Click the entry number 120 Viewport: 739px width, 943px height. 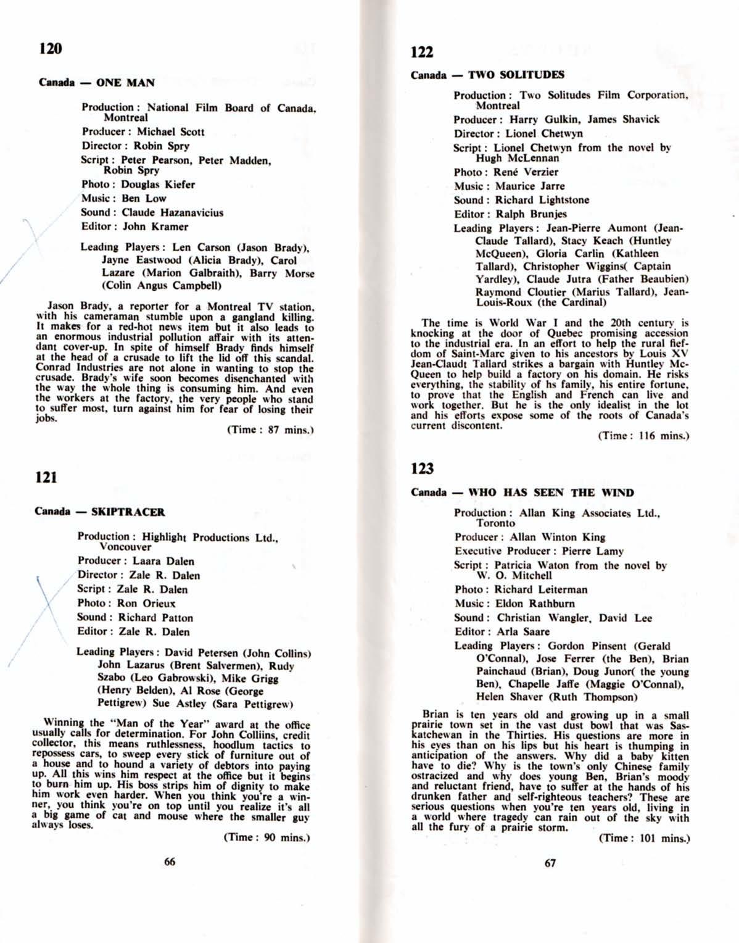pos(50,48)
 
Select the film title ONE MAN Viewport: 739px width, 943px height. pos(125,83)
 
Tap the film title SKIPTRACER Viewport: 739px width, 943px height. pos(128,512)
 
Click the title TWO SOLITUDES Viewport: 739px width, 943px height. pos(516,75)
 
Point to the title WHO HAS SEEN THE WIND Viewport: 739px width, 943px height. pos(551,492)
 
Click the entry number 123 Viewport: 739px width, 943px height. pos(423,469)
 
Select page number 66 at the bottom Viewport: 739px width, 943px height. pos(170,862)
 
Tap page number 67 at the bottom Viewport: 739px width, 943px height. pos(550,863)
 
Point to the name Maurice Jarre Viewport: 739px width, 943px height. pos(530,186)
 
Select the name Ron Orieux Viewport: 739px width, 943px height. pos(146,604)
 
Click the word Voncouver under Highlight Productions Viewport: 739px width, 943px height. pos(125,547)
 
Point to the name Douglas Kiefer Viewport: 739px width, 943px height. pos(158,185)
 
